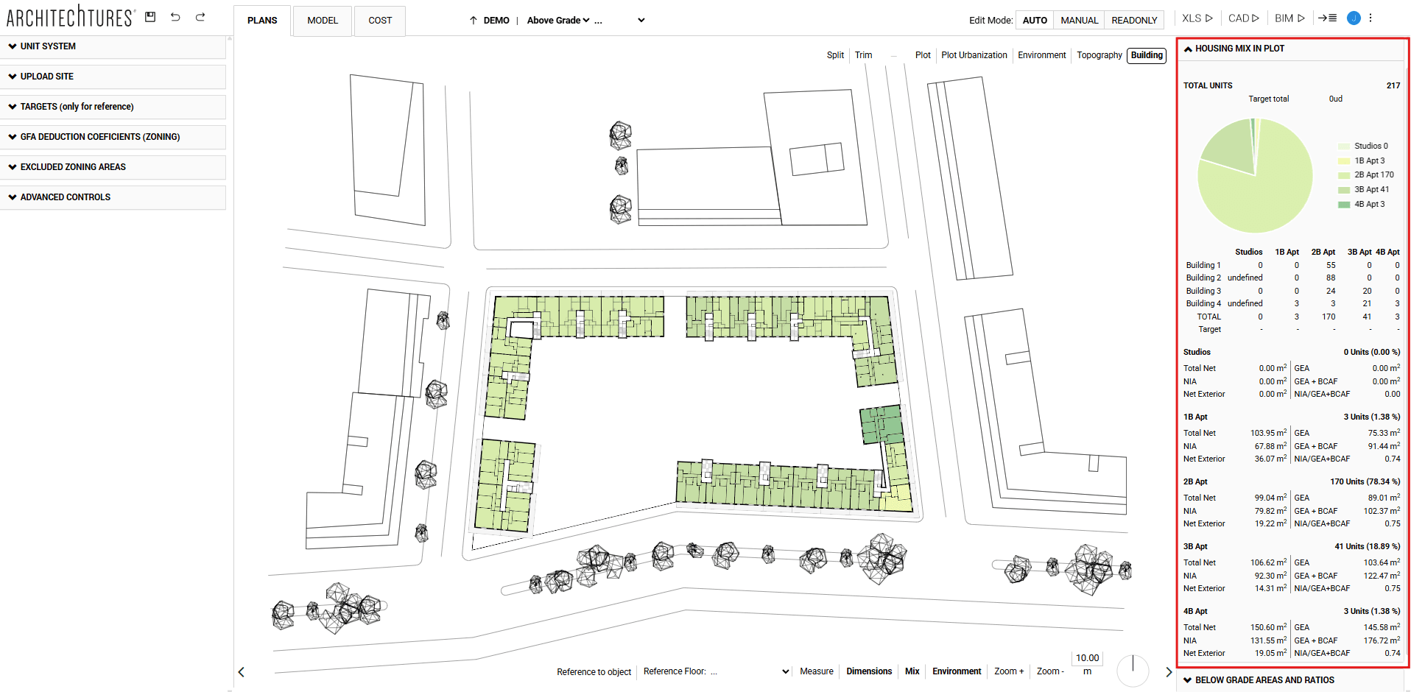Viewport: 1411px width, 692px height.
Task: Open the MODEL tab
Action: tap(323, 21)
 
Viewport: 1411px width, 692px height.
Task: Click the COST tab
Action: tap(380, 21)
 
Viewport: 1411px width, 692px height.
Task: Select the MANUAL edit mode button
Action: tap(1079, 21)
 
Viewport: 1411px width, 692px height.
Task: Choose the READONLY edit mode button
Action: tap(1134, 21)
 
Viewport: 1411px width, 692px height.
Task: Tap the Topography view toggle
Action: tap(1099, 55)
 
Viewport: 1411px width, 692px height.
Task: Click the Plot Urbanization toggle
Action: tap(974, 55)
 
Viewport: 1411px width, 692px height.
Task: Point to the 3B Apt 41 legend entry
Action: tap(1370, 190)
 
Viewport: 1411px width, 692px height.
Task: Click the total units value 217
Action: tap(1393, 85)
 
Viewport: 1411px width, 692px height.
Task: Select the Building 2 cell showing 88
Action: tap(1331, 278)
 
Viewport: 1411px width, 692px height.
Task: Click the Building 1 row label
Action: tap(1203, 265)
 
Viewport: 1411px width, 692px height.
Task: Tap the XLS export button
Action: tap(1197, 18)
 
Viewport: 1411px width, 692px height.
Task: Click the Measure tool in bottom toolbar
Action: tap(816, 671)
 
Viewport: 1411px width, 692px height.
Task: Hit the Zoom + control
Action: tap(1008, 671)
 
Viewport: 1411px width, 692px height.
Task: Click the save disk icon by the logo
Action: tap(150, 17)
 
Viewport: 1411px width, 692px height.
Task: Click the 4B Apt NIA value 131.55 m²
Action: tap(1268, 640)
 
